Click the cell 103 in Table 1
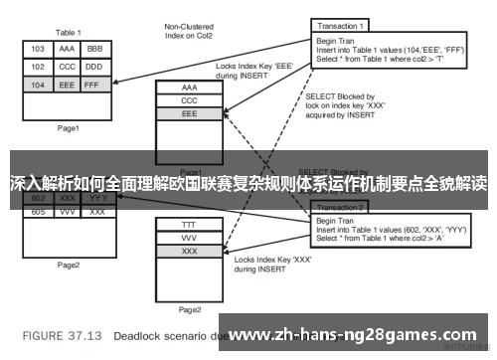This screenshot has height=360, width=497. click(38, 48)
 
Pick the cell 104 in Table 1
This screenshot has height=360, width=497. click(38, 86)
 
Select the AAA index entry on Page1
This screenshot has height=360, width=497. click(189, 88)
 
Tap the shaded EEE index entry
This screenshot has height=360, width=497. click(189, 115)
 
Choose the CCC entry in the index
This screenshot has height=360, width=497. click(189, 101)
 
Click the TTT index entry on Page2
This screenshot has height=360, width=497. click(189, 226)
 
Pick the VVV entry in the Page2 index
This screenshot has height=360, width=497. click(189, 240)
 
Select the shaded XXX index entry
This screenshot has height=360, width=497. click(189, 254)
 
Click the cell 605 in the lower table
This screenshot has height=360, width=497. click(38, 212)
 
